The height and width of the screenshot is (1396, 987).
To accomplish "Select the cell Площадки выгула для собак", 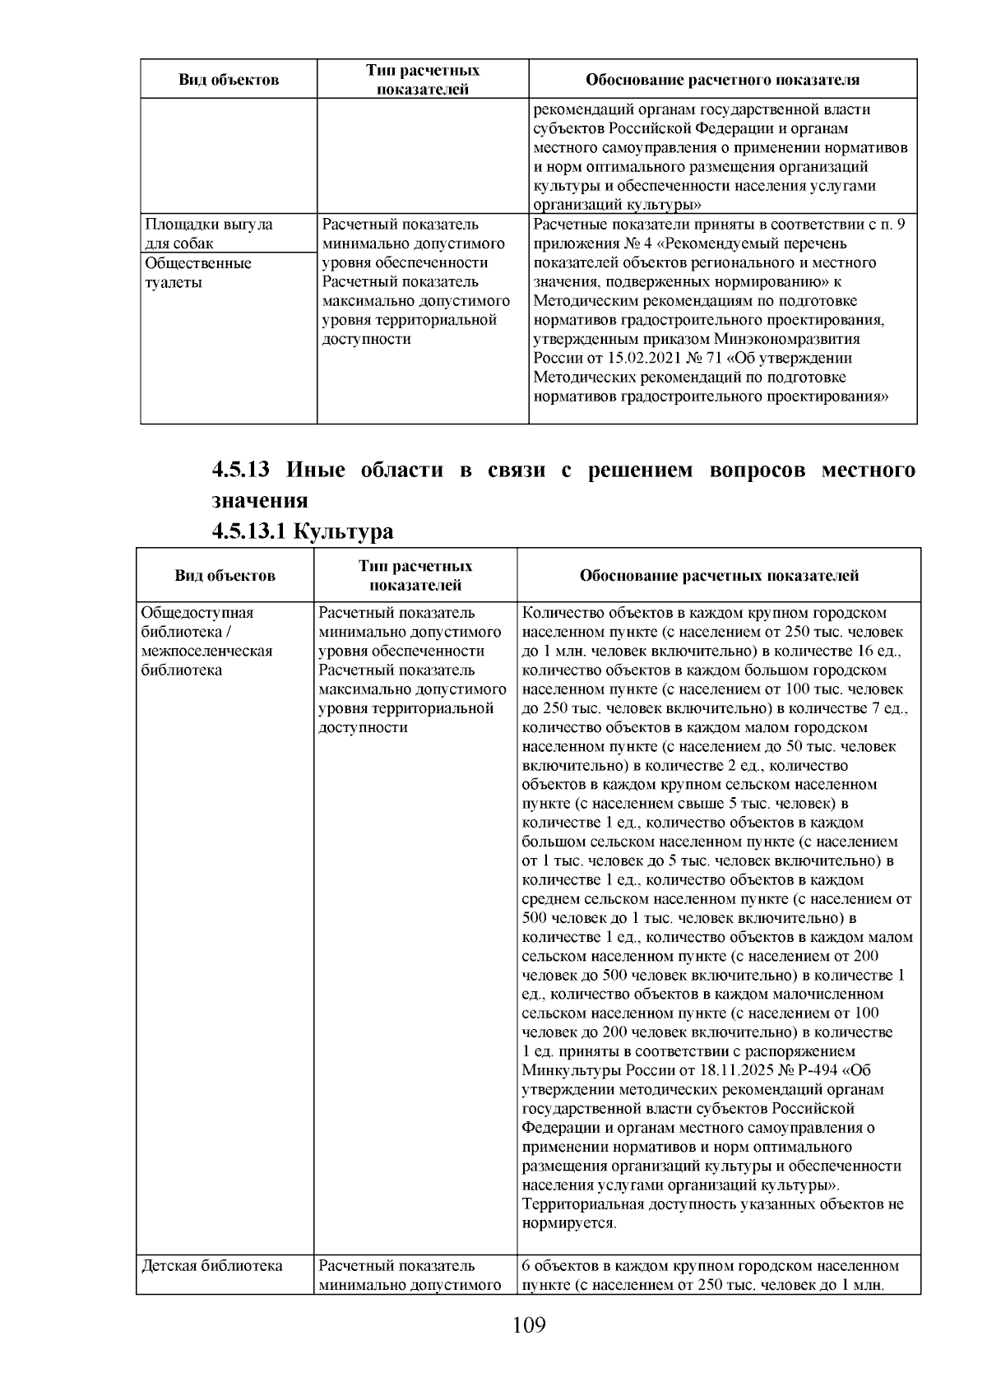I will pos(209,234).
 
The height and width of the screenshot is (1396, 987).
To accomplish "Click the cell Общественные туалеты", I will pos(198,273).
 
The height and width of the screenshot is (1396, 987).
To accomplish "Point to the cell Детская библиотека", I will pos(212,1266).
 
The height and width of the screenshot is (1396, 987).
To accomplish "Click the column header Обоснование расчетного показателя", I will pos(722,80).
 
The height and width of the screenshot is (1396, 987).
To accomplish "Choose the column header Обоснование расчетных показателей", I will pos(719,576).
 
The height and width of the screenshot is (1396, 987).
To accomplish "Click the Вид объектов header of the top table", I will pos(229,80).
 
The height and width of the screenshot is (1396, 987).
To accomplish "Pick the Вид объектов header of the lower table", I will pos(225,576).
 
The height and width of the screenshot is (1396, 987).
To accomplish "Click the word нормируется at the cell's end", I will pos(568,1223).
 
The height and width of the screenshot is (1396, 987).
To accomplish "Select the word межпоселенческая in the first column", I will pos(206,652).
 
